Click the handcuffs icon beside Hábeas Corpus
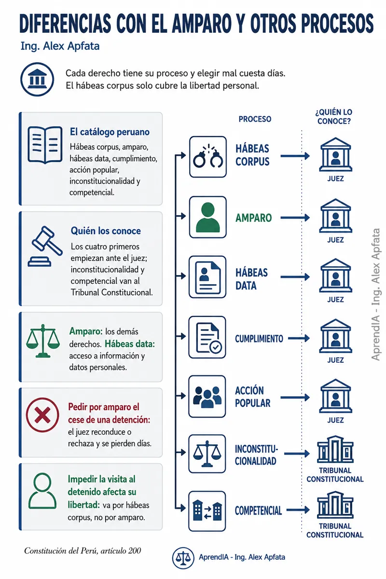(x=208, y=157)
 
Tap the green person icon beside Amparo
(x=208, y=217)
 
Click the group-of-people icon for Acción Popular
(x=207, y=397)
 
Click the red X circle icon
(x=42, y=415)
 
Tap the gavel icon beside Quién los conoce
(x=45, y=246)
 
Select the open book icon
(x=45, y=145)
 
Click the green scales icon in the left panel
(x=43, y=341)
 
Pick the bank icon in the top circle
(x=37, y=79)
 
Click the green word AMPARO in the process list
(x=253, y=218)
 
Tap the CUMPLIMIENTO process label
(x=259, y=339)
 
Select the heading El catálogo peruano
(x=110, y=132)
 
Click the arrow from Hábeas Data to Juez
(x=295, y=277)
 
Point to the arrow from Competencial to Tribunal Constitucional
(x=298, y=510)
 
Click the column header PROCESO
(x=255, y=119)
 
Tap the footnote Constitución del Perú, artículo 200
(x=83, y=551)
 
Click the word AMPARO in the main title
(x=202, y=24)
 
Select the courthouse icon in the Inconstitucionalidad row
(x=335, y=450)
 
